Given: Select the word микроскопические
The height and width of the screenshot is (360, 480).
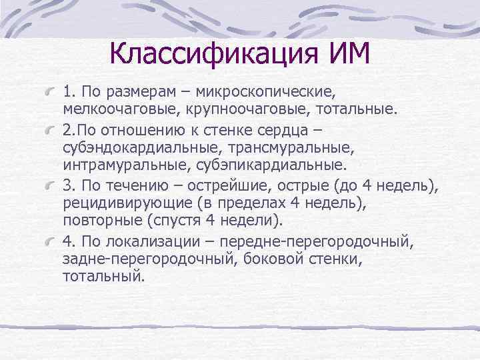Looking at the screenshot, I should pos(267,89).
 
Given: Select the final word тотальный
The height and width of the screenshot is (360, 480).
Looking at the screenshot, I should pos(103,276).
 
